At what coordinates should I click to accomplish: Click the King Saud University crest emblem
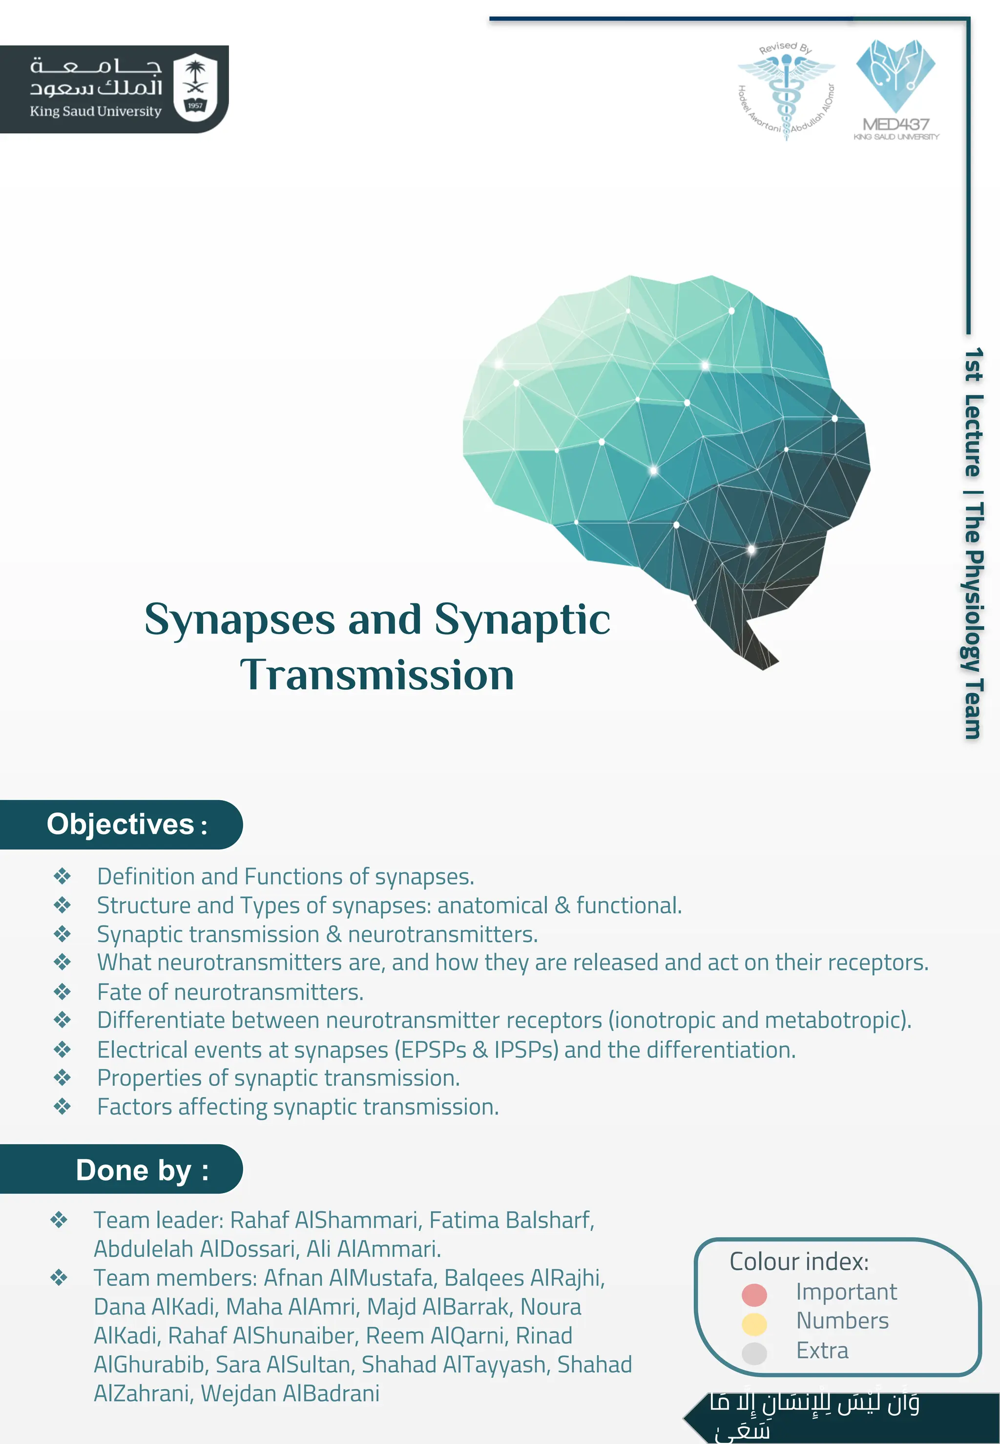(195, 86)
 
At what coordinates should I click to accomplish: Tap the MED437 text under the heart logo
(896, 124)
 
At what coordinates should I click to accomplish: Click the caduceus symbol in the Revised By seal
(786, 91)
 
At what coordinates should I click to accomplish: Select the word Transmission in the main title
(377, 675)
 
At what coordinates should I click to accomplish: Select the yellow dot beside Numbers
(754, 1324)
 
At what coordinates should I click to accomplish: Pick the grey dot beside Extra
(754, 1353)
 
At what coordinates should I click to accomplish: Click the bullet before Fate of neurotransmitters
(62, 991)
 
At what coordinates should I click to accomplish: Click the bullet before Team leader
(59, 1220)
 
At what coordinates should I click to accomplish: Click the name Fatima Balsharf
(511, 1220)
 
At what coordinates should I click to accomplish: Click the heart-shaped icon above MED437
(896, 74)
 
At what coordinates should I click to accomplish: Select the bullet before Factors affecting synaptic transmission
(62, 1107)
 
